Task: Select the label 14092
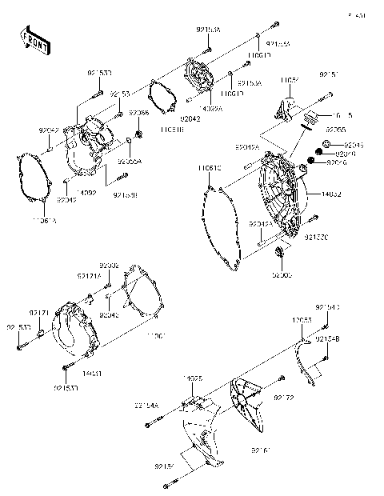(x=89, y=193)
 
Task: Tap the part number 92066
(x=138, y=114)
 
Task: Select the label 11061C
(x=210, y=168)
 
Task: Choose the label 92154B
(x=328, y=340)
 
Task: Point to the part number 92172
(x=285, y=397)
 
